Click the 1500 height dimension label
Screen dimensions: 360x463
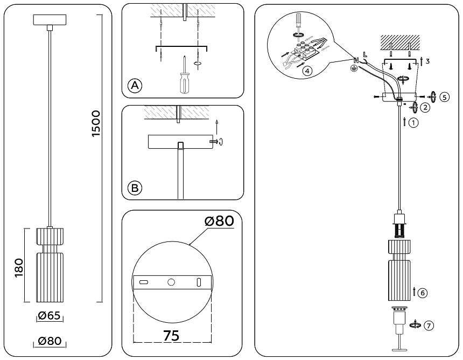click(96, 124)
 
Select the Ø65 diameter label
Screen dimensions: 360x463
click(49, 316)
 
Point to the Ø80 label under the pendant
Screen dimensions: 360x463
click(50, 341)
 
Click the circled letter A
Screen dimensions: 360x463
click(135, 85)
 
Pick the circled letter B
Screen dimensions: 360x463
click(135, 188)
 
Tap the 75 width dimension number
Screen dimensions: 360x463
click(171, 335)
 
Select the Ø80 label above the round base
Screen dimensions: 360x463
click(220, 221)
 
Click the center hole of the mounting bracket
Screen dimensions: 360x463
click(171, 282)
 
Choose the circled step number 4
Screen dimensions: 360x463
click(306, 71)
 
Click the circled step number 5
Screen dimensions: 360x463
click(444, 97)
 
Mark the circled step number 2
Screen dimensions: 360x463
click(425, 107)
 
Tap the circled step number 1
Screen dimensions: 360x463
click(413, 122)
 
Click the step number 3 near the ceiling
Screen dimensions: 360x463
click(427, 61)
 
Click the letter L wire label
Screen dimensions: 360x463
click(365, 54)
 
